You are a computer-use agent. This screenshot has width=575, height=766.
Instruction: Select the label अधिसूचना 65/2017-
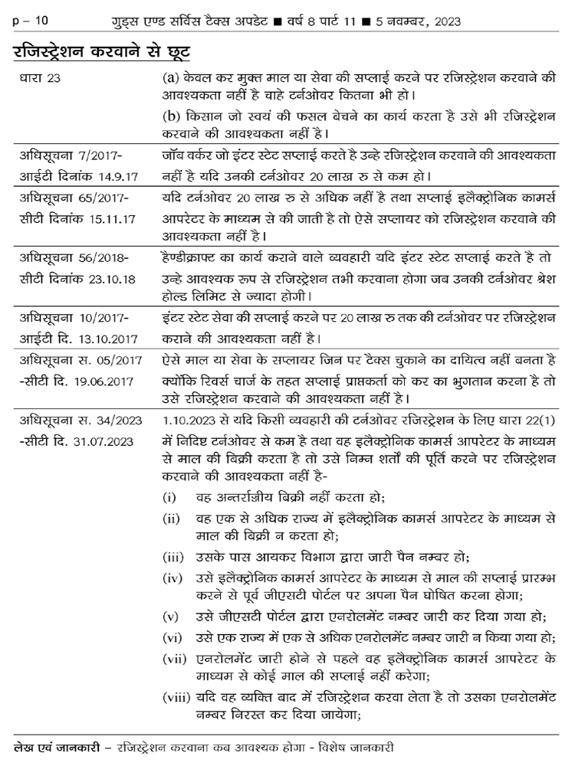(x=74, y=198)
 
